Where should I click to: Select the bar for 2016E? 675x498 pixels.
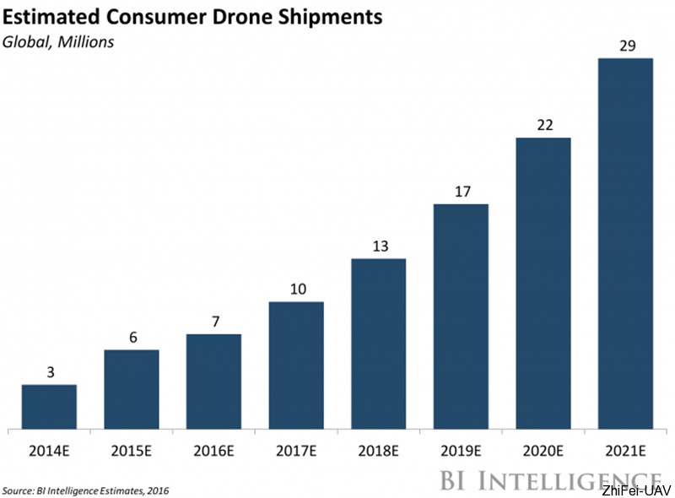pyautogui.click(x=213, y=381)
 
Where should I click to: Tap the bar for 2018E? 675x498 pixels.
pyautogui.click(x=378, y=343)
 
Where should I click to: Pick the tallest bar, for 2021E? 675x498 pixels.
pyautogui.click(x=625, y=243)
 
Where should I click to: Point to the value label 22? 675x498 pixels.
pyautogui.click(x=543, y=124)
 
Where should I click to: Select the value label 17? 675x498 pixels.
pyautogui.click(x=461, y=191)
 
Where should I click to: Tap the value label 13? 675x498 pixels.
pyautogui.click(x=378, y=246)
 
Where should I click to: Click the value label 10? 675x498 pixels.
pyautogui.click(x=295, y=289)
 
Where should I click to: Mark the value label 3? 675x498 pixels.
pyautogui.click(x=49, y=371)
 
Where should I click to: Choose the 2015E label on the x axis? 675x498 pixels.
pyautogui.click(x=131, y=452)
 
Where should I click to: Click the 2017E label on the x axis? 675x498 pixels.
pyautogui.click(x=295, y=452)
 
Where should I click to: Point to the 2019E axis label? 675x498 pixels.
pyautogui.click(x=461, y=452)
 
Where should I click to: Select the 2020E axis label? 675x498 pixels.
pyautogui.click(x=543, y=452)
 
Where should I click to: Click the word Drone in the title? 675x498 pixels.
pyautogui.click(x=251, y=16)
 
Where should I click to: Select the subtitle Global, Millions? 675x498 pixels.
pyautogui.click(x=59, y=41)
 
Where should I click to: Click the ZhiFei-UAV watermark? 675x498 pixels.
pyautogui.click(x=635, y=490)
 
